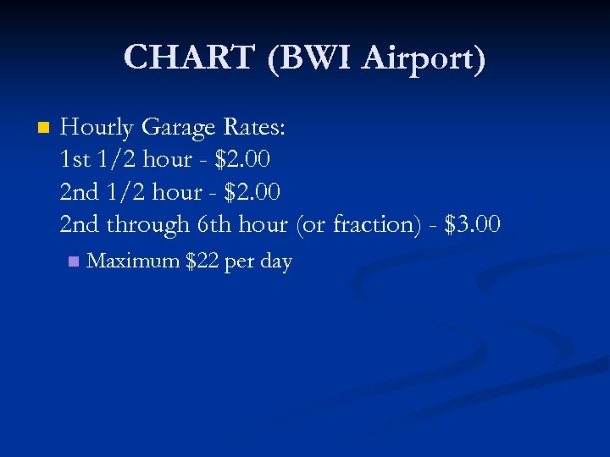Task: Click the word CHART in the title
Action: (189, 58)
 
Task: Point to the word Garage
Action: (179, 128)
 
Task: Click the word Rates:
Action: (255, 128)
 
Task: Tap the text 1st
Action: (76, 160)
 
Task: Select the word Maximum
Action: (133, 262)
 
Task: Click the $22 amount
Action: (202, 262)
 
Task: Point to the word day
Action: (276, 262)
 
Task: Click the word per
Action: (240, 262)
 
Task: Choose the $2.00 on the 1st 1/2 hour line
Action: (244, 160)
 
